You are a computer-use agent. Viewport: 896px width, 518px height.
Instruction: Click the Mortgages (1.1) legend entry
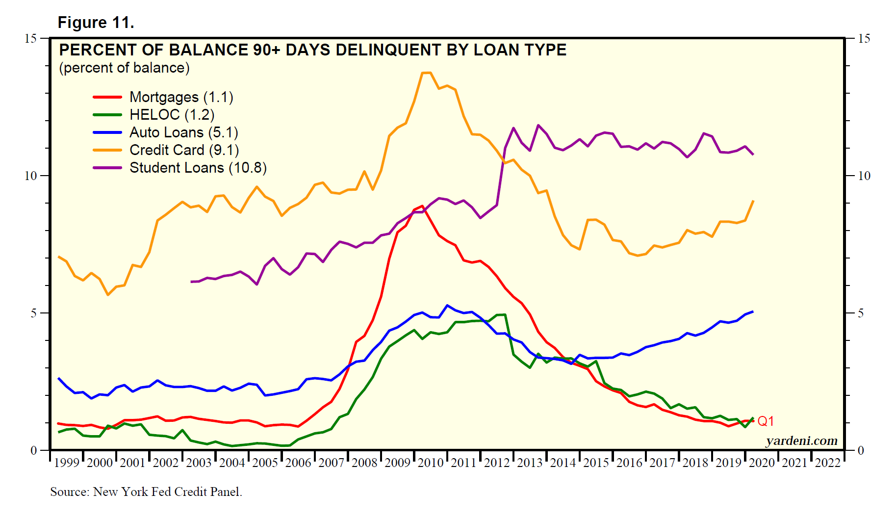coord(181,97)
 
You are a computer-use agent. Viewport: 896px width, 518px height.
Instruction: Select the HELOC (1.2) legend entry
coord(172,115)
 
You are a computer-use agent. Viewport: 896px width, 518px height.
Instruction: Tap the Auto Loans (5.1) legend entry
coord(183,132)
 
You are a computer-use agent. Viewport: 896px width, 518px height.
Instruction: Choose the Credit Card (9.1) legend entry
coord(184,150)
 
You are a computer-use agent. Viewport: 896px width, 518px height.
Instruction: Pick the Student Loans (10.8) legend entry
coord(198,168)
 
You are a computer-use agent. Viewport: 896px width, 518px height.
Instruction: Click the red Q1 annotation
coord(766,421)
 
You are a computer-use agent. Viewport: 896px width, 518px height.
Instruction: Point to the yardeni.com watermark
coord(801,441)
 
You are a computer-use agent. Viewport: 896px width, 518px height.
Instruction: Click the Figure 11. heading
coord(96,23)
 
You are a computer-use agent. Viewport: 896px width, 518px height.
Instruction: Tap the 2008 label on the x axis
coord(364,463)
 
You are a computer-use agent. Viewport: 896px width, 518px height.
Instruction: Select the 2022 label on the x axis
coord(828,463)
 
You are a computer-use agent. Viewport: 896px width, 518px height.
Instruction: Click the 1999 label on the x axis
coord(67,463)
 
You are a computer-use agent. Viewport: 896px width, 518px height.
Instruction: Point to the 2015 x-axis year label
coord(596,463)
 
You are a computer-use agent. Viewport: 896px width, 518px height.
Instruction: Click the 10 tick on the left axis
coord(30,176)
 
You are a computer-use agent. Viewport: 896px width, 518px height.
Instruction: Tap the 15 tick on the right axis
coord(864,38)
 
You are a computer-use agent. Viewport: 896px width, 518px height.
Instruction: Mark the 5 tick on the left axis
coord(33,313)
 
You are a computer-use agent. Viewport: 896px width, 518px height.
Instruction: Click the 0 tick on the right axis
coord(861,450)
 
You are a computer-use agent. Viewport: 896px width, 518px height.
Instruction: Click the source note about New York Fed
coord(146,492)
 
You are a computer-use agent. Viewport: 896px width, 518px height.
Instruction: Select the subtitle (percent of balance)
coord(124,68)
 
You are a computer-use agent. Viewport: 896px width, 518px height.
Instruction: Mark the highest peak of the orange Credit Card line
coord(426,73)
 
